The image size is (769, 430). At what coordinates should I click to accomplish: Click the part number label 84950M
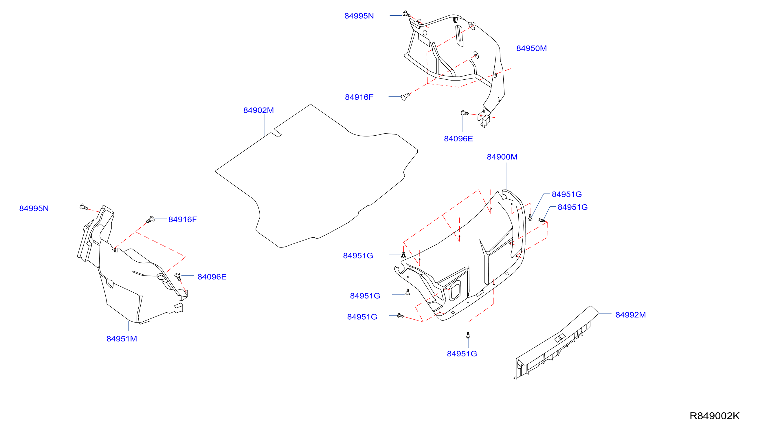531,48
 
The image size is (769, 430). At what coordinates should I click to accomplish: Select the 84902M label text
258,110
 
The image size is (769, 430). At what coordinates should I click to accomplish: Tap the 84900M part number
502,157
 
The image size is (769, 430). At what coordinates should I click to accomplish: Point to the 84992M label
630,315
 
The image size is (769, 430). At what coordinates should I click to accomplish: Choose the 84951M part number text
122,339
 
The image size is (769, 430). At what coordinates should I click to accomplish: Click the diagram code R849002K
715,416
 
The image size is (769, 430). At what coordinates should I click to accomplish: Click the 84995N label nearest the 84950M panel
359,16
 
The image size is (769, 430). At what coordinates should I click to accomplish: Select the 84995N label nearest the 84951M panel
34,208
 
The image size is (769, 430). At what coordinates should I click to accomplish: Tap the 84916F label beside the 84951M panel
183,219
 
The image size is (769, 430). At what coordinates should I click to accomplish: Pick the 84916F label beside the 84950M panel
359,97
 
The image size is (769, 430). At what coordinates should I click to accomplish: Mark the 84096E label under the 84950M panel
458,139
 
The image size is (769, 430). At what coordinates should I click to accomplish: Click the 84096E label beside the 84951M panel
212,277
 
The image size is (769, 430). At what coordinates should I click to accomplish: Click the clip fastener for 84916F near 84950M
405,96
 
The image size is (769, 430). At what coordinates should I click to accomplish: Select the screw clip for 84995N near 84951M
84,207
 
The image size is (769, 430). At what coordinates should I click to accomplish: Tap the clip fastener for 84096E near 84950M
465,113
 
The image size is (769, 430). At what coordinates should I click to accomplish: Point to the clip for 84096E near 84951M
178,276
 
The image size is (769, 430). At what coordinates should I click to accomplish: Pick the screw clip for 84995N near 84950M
407,14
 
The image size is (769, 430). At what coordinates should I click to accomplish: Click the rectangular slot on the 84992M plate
560,338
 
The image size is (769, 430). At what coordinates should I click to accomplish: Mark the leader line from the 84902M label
265,125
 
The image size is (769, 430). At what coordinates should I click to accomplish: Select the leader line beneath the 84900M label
506,176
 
